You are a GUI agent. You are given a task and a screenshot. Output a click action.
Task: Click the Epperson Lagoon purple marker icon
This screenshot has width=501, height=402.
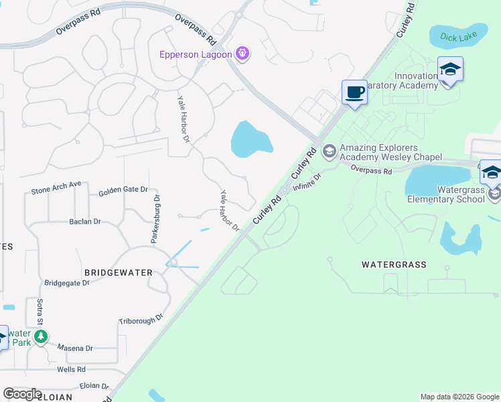(242, 54)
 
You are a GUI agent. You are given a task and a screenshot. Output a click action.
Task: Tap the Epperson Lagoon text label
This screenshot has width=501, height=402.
(196, 54)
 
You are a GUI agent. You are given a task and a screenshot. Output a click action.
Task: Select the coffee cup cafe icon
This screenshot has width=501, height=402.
(354, 92)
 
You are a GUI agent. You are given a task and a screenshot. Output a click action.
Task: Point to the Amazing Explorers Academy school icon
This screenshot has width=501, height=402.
(329, 151)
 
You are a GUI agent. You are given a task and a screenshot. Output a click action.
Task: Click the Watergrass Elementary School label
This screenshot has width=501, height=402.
(446, 194)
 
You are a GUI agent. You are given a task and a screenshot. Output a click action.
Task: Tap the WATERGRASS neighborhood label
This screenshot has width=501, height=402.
(394, 265)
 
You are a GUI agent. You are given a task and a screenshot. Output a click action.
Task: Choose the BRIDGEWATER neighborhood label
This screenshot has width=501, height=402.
(119, 272)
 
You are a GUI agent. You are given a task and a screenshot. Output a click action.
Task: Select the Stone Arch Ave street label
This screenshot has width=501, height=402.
(56, 188)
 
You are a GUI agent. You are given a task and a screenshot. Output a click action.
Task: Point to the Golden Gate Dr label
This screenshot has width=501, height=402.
(123, 191)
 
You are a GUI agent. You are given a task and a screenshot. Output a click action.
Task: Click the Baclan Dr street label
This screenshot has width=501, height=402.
(84, 221)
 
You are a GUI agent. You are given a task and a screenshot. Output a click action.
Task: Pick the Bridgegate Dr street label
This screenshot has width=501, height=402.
(66, 283)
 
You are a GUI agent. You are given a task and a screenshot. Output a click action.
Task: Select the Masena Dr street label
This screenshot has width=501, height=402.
(75, 348)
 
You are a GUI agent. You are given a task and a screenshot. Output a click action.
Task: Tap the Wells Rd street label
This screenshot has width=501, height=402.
(71, 369)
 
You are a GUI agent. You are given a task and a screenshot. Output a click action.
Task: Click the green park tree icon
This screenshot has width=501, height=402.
(42, 336)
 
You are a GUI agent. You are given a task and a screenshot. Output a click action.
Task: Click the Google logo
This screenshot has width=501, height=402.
(22, 394)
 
